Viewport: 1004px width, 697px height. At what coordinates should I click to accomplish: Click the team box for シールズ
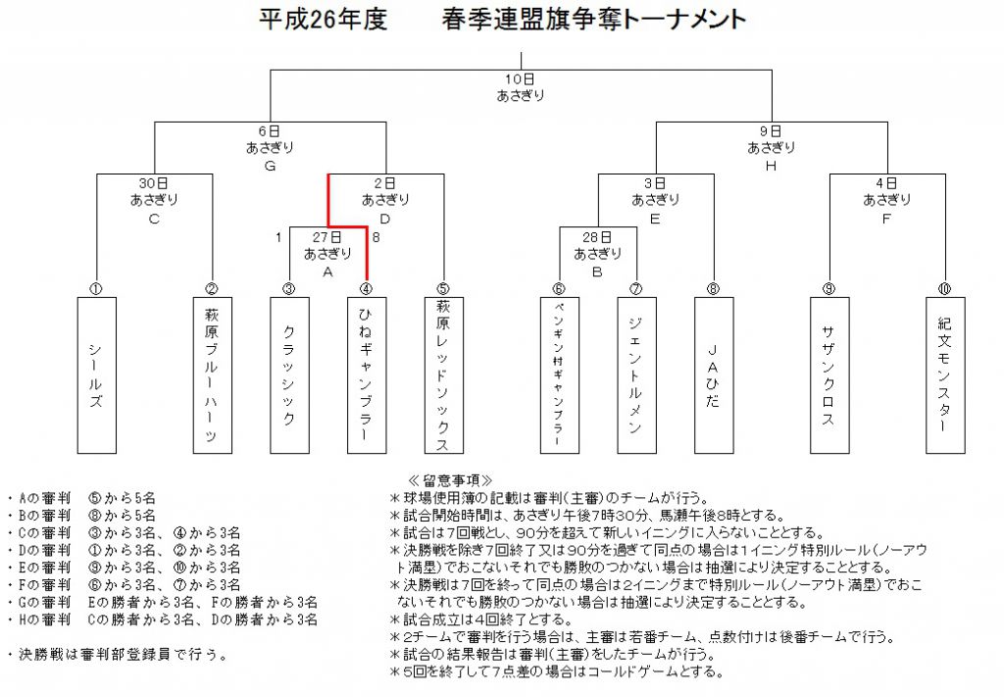pos(97,375)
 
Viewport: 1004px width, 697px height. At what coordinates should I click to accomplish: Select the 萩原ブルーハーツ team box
pos(213,375)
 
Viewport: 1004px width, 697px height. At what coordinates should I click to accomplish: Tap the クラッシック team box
pos(289,375)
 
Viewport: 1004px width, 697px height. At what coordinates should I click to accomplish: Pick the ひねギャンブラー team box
pos(367,375)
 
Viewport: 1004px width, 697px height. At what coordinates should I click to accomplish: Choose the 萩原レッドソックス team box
pos(444,375)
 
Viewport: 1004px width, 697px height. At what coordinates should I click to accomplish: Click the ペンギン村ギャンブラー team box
pos(560,375)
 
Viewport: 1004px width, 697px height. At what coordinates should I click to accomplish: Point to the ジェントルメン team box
pos(637,375)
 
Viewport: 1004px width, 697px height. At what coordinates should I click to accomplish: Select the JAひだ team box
pos(714,375)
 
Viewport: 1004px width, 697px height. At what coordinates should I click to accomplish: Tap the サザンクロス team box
pos(829,375)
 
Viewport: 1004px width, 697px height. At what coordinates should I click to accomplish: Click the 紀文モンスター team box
pos(945,375)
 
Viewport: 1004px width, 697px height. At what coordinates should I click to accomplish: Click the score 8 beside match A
pos(376,237)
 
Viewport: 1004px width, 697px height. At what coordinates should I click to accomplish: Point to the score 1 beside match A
pos(278,237)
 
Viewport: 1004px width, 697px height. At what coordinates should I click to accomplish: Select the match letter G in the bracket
pos(271,167)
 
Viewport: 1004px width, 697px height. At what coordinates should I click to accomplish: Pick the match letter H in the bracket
pos(771,167)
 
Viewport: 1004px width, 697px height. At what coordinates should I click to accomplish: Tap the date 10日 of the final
pos(520,79)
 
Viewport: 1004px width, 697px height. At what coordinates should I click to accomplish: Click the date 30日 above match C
pos(154,183)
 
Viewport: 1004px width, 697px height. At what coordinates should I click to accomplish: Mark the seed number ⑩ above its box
pos(944,289)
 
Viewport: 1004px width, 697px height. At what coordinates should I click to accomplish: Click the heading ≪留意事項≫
pos(451,480)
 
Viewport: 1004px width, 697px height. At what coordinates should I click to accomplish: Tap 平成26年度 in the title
pos(324,20)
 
